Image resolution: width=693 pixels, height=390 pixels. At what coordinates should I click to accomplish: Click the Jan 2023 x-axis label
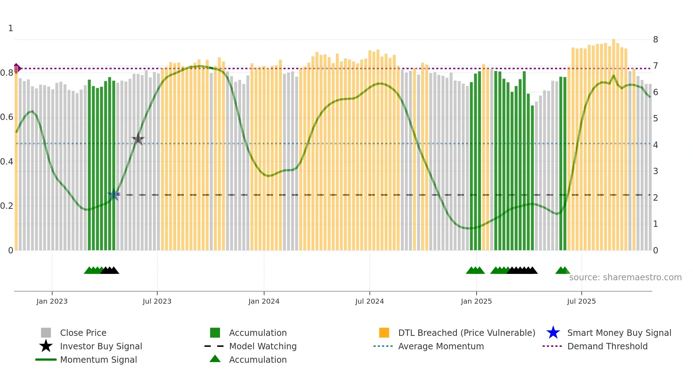(x=52, y=301)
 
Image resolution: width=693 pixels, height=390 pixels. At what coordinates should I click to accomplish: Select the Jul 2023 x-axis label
(x=157, y=301)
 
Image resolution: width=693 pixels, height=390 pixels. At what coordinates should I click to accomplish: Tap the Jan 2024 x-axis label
(x=264, y=301)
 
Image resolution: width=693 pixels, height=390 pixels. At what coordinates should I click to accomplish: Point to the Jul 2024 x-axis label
(x=369, y=301)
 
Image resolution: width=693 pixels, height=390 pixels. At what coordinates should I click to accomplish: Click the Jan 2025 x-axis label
(x=476, y=301)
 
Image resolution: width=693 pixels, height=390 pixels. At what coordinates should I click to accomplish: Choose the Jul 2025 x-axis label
(x=581, y=301)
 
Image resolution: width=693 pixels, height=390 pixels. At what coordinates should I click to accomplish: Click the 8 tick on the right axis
(x=656, y=40)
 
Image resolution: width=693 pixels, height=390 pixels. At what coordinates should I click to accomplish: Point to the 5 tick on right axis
(x=656, y=119)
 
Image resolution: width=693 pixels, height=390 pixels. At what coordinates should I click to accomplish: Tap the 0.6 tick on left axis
(x=7, y=117)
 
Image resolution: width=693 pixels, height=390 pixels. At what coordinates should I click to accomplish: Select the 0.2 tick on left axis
(x=7, y=206)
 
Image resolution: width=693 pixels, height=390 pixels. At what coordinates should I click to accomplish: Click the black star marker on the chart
(x=138, y=139)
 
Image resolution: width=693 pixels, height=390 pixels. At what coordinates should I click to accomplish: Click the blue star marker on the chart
(x=114, y=195)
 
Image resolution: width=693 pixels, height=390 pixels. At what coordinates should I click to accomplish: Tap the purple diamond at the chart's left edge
(x=17, y=68)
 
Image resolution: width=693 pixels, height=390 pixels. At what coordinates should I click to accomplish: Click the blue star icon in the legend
(x=553, y=333)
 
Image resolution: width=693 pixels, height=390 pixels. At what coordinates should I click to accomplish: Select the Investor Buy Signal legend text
(x=101, y=346)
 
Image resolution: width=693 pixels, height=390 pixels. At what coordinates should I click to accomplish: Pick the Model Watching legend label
(x=263, y=346)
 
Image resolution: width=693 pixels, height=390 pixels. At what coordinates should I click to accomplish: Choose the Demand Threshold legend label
(x=607, y=346)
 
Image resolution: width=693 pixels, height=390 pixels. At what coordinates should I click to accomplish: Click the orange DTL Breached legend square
(x=384, y=333)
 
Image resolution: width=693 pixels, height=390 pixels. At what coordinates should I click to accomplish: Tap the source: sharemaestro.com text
(x=625, y=277)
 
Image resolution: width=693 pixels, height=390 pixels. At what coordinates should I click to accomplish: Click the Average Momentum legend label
(x=441, y=346)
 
